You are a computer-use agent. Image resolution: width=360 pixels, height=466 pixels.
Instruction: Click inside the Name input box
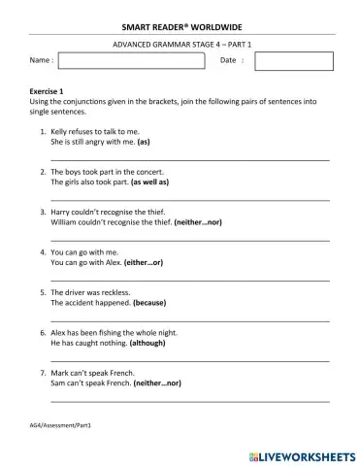132,61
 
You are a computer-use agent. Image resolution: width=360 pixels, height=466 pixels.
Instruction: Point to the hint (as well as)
149,182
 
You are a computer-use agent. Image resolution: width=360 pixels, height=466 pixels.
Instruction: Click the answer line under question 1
189,158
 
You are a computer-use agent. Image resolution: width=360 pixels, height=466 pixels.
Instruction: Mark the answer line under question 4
189,280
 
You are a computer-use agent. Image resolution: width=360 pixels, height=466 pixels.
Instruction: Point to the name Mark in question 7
59,373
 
